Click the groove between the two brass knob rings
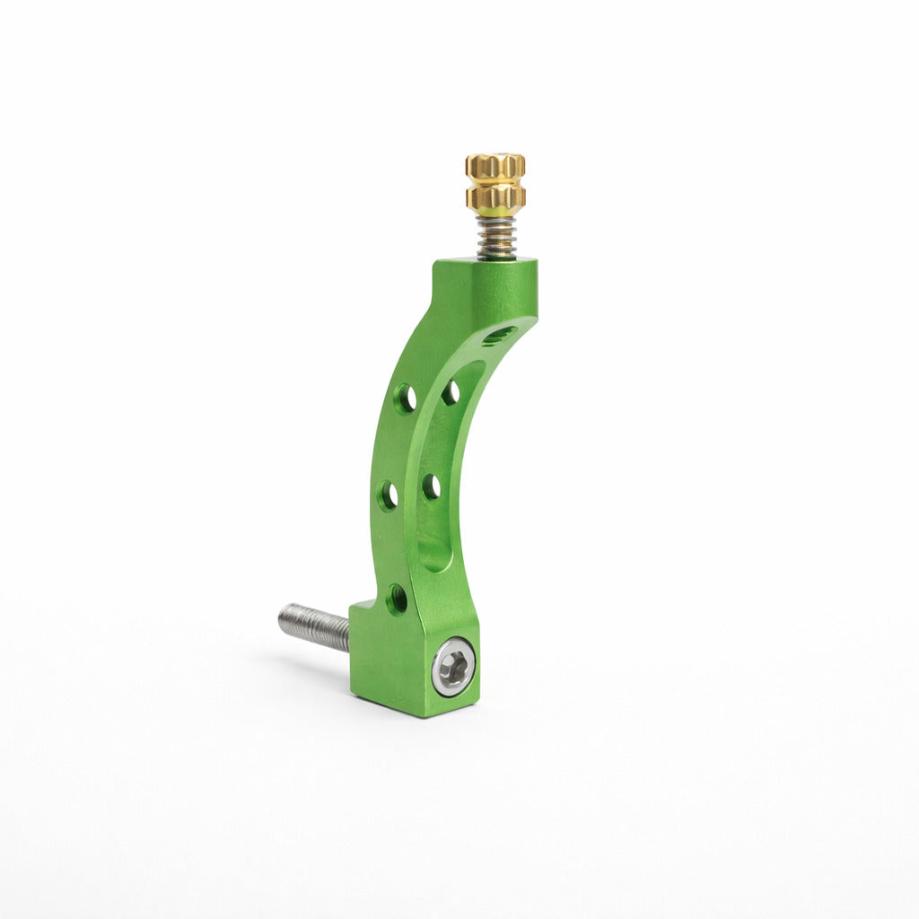click(x=495, y=180)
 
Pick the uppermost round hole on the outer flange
click(x=406, y=398)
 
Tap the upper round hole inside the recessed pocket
click(x=451, y=392)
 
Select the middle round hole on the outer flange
click(x=389, y=495)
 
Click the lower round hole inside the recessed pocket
click(x=432, y=486)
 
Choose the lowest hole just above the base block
click(x=397, y=599)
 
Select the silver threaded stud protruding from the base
click(x=314, y=626)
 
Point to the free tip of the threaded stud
click(x=282, y=618)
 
